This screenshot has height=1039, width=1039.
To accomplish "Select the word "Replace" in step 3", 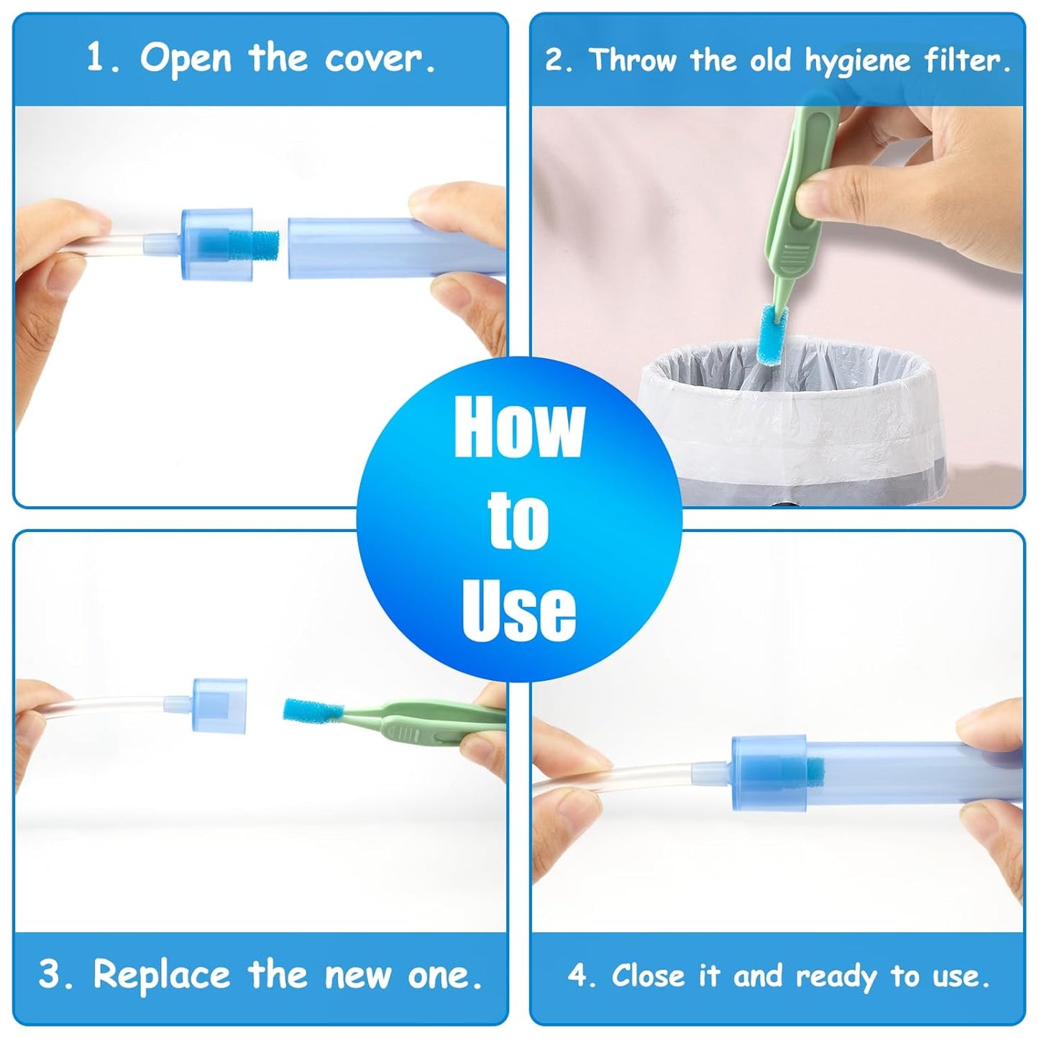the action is click(x=161, y=976).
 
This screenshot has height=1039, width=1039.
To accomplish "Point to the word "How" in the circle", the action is click(x=519, y=428).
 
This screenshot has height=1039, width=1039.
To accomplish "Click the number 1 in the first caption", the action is click(x=96, y=58).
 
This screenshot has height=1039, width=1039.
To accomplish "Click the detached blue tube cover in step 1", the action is click(x=396, y=247).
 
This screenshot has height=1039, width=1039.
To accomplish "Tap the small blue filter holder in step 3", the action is click(x=219, y=705).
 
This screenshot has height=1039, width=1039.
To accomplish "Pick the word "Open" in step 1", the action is click(x=186, y=59).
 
